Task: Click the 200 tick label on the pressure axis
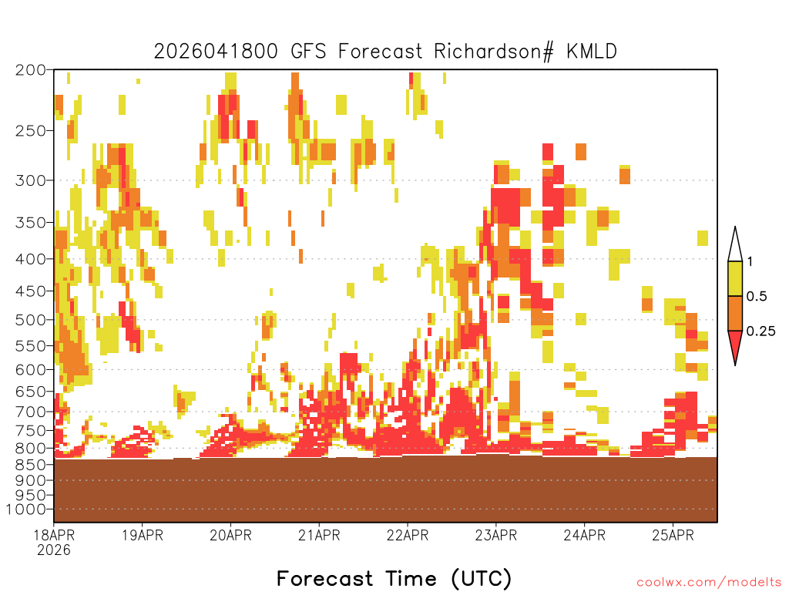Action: (31, 70)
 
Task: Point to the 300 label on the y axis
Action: (31, 180)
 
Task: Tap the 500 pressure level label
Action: (31, 320)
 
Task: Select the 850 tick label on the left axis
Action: (31, 464)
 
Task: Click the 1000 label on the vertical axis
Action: (26, 510)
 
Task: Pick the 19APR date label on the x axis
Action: (143, 535)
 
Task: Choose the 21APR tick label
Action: (319, 535)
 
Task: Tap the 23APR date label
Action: (496, 535)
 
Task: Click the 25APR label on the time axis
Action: (673, 535)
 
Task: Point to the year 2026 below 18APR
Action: (54, 550)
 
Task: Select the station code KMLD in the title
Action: (592, 52)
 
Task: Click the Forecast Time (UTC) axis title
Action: (394, 578)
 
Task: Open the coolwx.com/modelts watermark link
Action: (709, 583)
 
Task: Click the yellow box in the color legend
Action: (735, 278)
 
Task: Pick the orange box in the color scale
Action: (735, 313)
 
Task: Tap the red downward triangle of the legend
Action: (735, 345)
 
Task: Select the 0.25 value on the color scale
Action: (760, 331)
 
